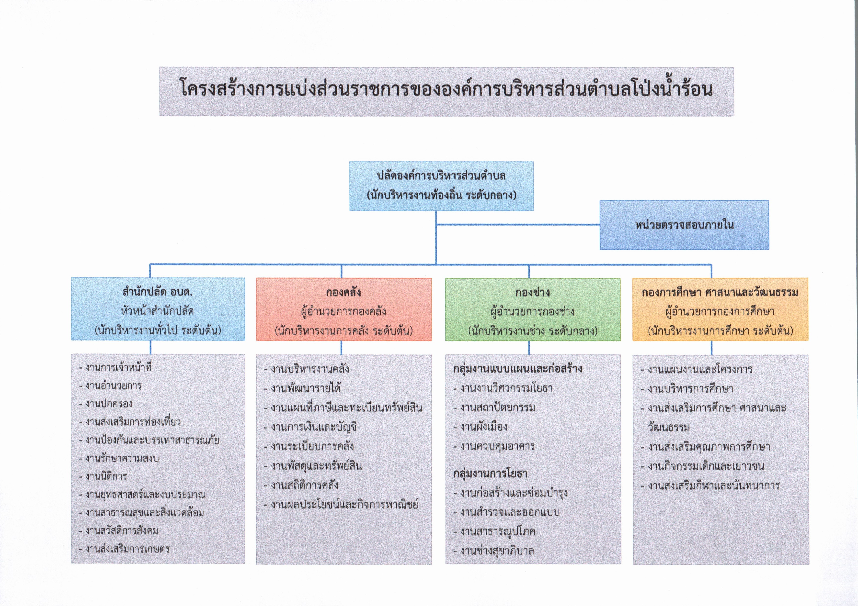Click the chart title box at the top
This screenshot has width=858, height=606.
[x=446, y=91]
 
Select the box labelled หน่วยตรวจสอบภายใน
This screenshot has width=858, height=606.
[x=684, y=225]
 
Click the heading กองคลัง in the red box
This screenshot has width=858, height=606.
[x=343, y=292]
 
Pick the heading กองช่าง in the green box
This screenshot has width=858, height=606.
[x=533, y=292]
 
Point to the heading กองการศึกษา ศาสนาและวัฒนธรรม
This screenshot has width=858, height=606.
[x=720, y=292]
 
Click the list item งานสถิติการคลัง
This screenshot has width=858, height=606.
[x=301, y=485]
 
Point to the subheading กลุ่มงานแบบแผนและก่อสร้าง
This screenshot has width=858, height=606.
[x=518, y=369]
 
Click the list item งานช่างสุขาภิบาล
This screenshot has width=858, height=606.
[x=494, y=550]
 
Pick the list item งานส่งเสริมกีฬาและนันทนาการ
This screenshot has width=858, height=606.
[x=710, y=485]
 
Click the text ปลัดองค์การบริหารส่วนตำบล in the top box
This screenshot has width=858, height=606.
[x=441, y=176]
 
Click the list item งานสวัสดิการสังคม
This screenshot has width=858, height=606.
[x=119, y=530]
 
